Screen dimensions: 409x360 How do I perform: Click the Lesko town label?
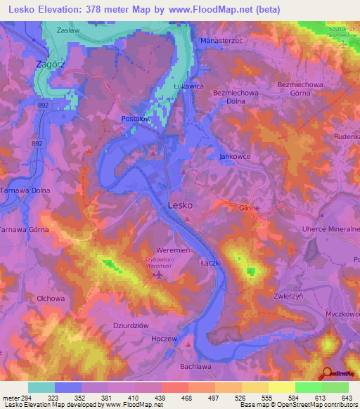tap(181, 205)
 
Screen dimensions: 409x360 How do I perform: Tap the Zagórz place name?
tap(51, 64)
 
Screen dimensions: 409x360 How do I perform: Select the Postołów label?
tap(137, 119)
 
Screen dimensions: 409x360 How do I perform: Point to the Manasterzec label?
tap(222, 41)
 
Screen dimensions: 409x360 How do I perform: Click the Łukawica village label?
tap(188, 84)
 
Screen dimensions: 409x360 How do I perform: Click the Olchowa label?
tap(51, 298)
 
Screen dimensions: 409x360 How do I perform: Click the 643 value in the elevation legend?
tap(347, 398)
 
